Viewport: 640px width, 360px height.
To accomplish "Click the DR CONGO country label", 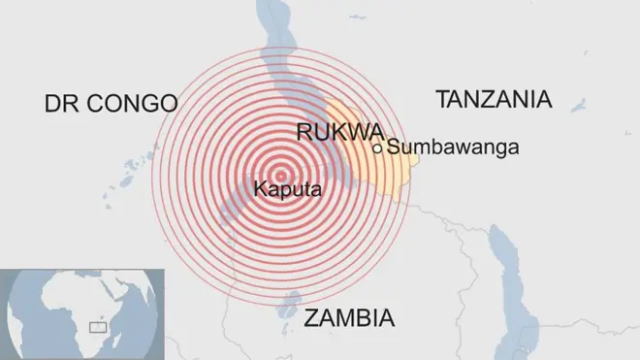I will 111,104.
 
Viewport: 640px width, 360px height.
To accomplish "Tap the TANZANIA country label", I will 494,99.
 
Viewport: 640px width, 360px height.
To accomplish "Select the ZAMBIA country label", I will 349,317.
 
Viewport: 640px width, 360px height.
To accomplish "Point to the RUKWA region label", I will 338,133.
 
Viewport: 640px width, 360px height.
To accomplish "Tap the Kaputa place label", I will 287,190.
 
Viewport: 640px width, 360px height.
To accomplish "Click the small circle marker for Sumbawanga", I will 377,148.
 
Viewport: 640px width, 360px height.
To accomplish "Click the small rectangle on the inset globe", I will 97,327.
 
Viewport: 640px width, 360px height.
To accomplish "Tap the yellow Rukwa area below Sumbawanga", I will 393,175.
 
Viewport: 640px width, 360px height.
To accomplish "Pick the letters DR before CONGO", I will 60,104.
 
